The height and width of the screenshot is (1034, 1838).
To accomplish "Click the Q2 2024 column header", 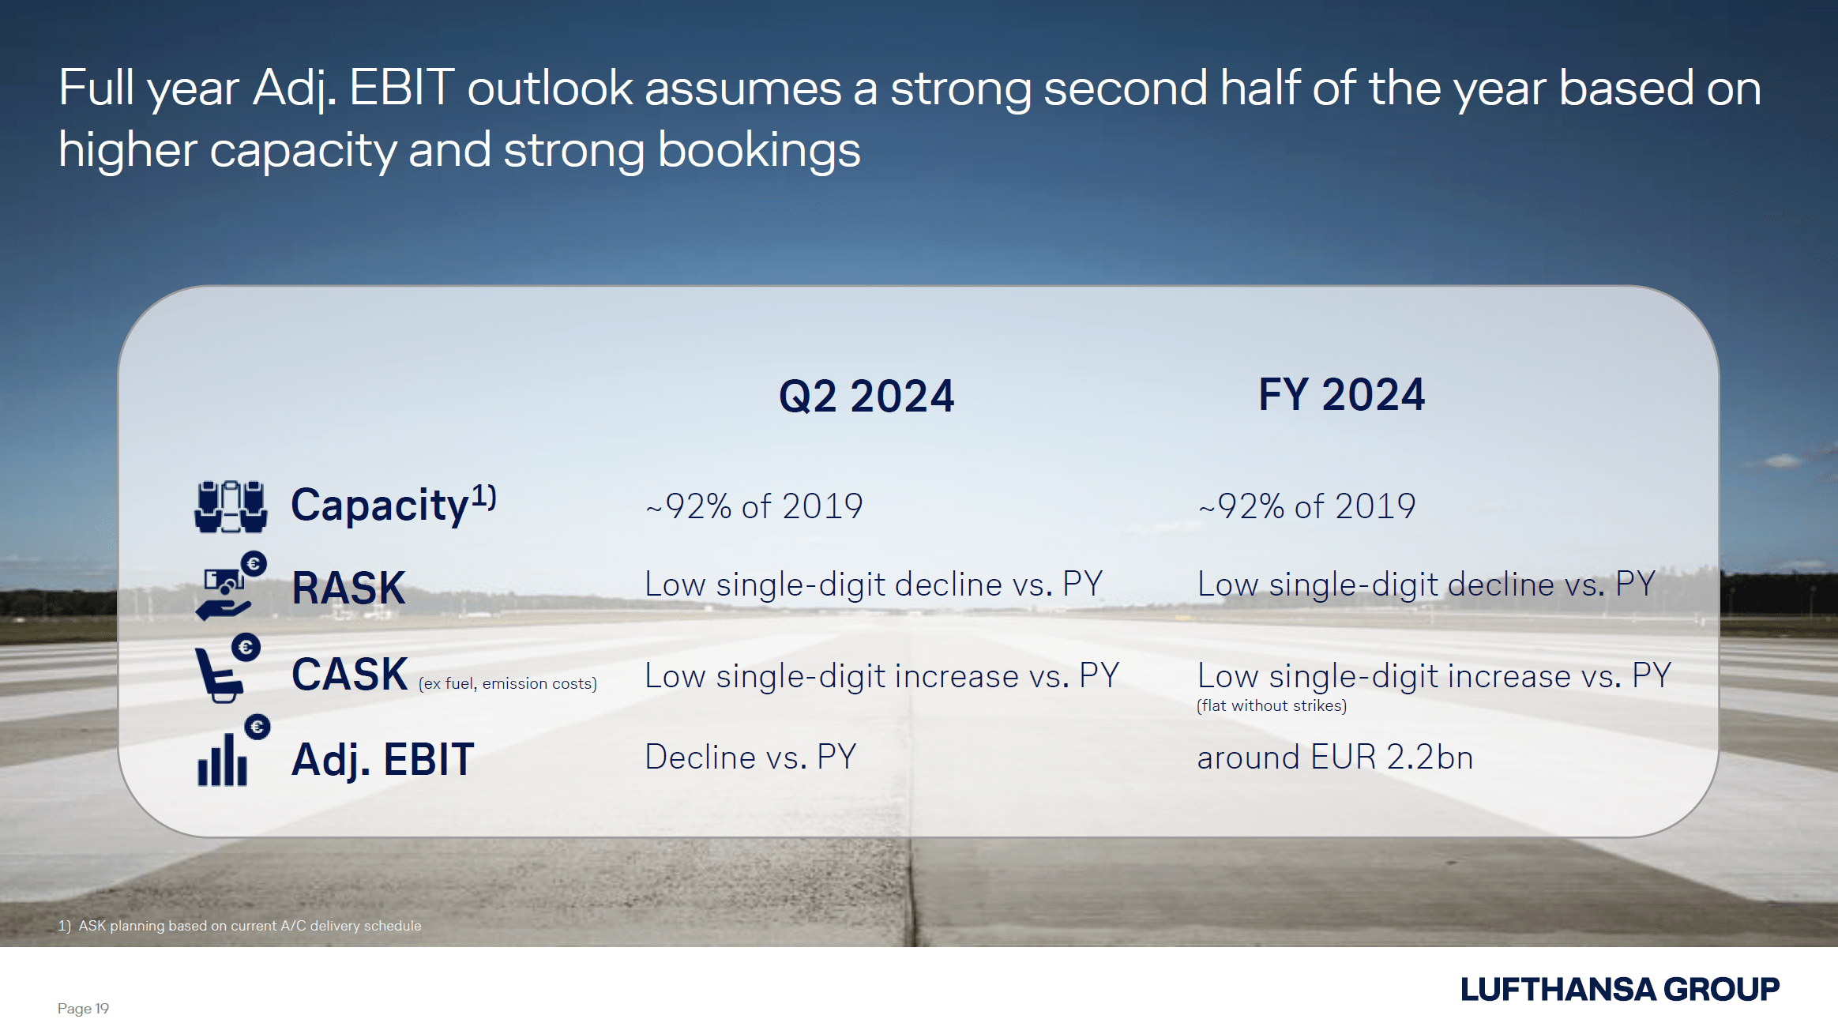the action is (866, 397).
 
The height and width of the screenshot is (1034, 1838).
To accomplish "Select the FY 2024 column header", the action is (1341, 395).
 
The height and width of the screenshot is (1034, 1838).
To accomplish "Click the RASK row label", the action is (348, 588).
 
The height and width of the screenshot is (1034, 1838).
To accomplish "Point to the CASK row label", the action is (349, 675).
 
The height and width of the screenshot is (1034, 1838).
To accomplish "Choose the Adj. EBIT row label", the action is (383, 760).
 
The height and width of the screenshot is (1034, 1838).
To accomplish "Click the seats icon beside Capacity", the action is (231, 506).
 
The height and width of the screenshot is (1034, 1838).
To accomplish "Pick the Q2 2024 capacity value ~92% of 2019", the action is (754, 506).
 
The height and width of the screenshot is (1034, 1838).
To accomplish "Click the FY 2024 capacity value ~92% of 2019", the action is (1307, 506).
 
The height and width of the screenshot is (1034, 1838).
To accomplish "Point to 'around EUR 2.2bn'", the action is (1335, 758).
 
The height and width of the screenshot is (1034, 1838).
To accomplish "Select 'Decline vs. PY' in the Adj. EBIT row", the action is (750, 758).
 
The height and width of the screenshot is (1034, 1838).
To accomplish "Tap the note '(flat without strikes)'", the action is (1272, 705).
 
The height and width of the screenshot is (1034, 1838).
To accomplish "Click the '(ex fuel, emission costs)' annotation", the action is (508, 683).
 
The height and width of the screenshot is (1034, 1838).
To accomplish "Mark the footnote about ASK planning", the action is (239, 926).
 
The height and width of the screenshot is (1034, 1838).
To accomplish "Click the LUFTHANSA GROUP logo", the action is (1620, 990).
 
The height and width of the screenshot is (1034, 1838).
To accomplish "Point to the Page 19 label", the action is (83, 1009).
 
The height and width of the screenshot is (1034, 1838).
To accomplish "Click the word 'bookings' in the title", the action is (759, 151).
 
